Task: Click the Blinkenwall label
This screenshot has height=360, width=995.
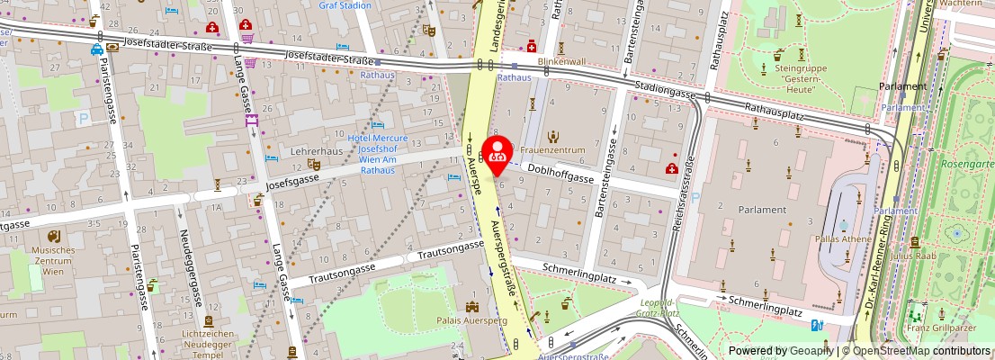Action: [561, 61]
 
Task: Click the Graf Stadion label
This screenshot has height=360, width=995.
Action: [345, 4]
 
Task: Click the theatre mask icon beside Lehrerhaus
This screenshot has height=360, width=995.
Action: [314, 165]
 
